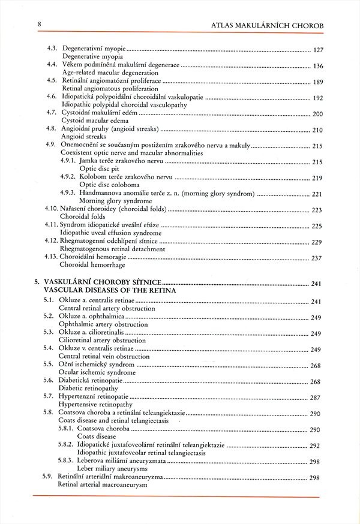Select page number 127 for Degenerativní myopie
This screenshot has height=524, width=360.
(x=319, y=50)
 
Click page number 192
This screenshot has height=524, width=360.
(x=319, y=98)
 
